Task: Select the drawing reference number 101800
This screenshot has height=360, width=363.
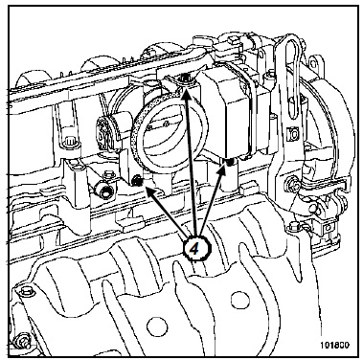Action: pos(334,345)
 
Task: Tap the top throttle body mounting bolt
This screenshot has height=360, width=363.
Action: pos(184,78)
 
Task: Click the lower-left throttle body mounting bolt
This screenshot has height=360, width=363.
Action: pos(137,181)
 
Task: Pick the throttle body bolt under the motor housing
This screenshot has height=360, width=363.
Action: pos(229,163)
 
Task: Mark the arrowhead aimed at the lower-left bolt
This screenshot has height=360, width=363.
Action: pos(150,191)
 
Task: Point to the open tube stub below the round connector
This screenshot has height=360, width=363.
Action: pos(103,191)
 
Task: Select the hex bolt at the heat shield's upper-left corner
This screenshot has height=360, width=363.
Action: pos(25,291)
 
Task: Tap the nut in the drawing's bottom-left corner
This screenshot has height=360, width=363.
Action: pos(21,340)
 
